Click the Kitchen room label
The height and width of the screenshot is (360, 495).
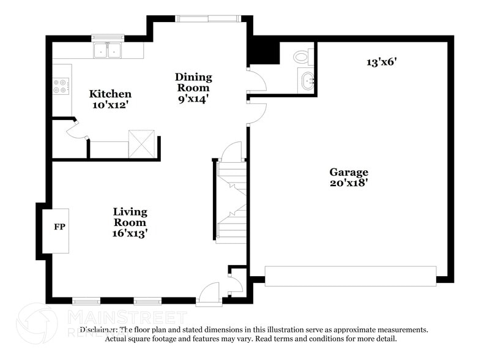110,94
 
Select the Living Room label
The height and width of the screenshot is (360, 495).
130,217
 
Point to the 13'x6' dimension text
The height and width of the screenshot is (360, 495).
381,62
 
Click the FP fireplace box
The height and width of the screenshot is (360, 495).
59,228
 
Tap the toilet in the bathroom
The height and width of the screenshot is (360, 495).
302,57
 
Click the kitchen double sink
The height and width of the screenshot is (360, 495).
108,50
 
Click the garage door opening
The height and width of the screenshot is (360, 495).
351,276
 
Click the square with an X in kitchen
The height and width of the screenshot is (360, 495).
142,144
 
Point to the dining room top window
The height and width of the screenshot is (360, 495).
208,18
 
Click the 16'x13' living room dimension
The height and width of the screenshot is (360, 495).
130,233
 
